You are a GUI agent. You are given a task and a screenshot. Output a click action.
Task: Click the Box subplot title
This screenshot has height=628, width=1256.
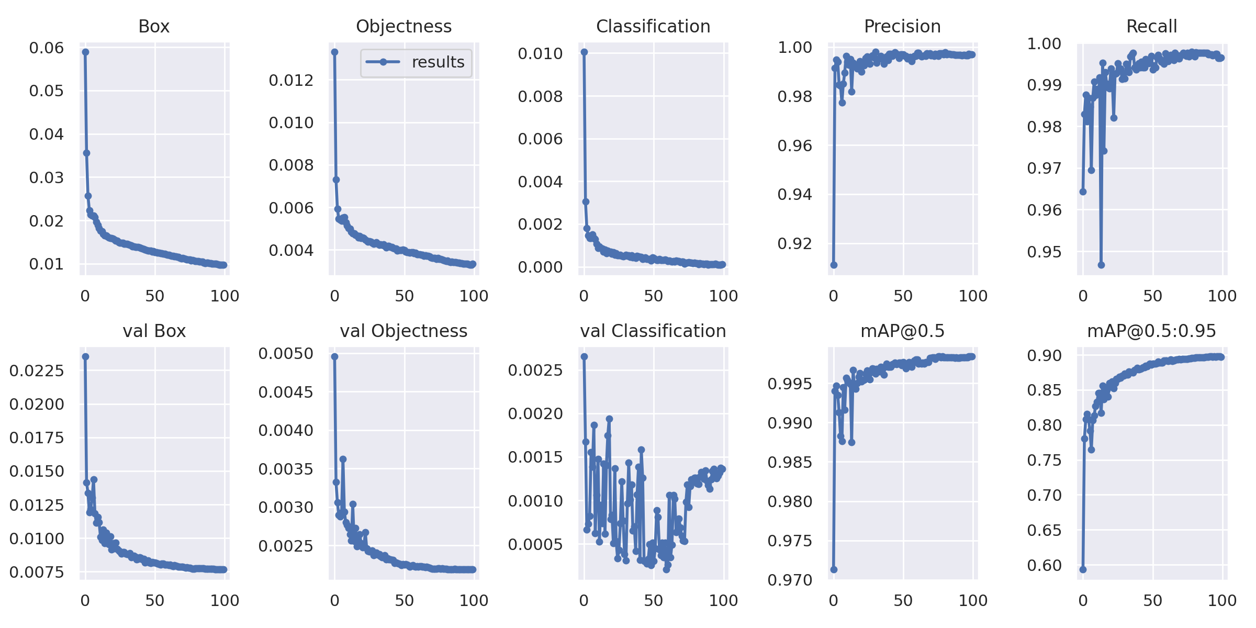(154, 26)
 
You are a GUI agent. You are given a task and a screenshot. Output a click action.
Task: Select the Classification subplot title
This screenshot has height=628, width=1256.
(653, 26)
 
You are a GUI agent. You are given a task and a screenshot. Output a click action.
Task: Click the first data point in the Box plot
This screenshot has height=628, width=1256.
(85, 52)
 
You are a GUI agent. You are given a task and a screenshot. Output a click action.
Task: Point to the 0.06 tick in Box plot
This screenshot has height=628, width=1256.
(46, 48)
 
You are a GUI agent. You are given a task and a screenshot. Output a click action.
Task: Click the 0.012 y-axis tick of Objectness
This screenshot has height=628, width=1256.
(291, 80)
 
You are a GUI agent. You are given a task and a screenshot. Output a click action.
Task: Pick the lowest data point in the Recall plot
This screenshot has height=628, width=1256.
(1101, 265)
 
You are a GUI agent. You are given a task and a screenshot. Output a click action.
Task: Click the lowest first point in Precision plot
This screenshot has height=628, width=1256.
(834, 265)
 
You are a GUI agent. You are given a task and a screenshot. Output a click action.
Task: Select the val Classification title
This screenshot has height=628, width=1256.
(653, 331)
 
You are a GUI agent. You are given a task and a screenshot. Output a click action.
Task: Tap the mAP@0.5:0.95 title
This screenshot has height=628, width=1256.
(1151, 331)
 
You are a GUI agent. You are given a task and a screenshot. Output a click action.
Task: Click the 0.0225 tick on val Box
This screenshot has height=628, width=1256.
(37, 371)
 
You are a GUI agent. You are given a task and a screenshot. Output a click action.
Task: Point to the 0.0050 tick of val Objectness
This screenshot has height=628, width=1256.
(286, 353)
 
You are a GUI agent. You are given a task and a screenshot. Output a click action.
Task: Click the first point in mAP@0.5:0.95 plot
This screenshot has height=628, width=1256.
(1083, 569)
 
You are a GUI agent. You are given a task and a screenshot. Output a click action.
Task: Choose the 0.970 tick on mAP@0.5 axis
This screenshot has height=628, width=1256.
(790, 580)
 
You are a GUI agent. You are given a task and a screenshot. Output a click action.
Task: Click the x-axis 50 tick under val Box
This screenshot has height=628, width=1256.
(155, 601)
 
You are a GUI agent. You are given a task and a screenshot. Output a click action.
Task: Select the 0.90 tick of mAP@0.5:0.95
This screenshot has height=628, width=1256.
(1044, 355)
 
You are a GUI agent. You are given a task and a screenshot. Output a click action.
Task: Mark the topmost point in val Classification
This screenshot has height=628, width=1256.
(584, 356)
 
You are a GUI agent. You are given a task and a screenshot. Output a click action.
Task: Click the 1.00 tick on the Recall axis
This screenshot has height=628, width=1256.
(1044, 43)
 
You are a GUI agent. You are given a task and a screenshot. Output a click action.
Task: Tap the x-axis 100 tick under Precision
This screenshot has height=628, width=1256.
(973, 296)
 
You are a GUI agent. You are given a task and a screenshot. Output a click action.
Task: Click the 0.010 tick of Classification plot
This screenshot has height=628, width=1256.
(540, 53)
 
